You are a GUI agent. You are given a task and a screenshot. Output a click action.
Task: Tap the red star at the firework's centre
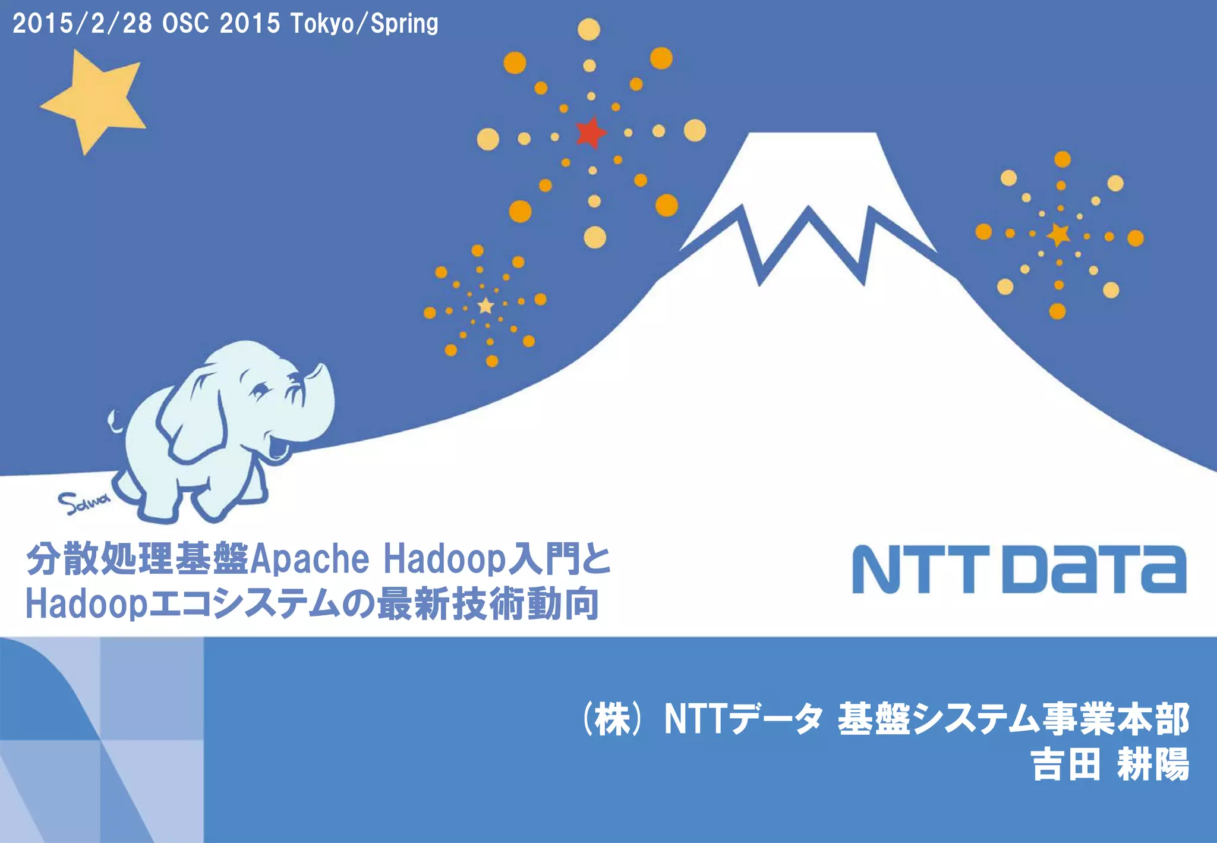click(x=591, y=132)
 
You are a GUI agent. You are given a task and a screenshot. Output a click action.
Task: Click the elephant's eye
click(x=260, y=391)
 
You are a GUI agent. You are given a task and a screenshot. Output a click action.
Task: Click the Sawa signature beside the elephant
click(x=83, y=503)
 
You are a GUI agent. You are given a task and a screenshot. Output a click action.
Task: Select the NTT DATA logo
click(x=1019, y=569)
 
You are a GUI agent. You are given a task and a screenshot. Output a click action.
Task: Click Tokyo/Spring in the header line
click(x=364, y=24)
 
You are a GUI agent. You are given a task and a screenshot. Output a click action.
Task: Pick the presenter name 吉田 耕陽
click(x=1109, y=765)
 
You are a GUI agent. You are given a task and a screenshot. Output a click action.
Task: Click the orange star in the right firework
click(x=1058, y=235)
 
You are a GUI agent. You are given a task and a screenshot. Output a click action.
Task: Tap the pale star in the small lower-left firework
click(x=486, y=306)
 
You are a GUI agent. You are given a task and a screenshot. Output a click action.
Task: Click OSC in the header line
click(x=185, y=24)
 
